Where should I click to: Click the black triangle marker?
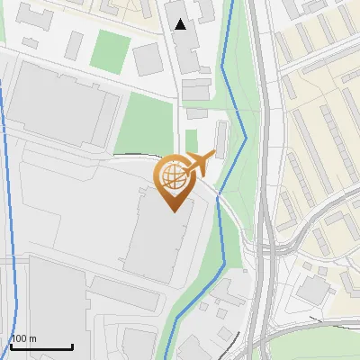pyautogui.click(x=181, y=24)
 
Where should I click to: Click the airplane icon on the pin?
pyautogui.click(x=199, y=164)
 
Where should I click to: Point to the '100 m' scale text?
pyautogui.click(x=23, y=338)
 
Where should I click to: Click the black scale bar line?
pyautogui.click(x=41, y=346)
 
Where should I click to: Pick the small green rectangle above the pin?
pyautogui.click(x=191, y=140)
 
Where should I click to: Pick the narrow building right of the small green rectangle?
pyautogui.click(x=220, y=139)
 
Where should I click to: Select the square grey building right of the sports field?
pyautogui.click(x=147, y=59)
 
